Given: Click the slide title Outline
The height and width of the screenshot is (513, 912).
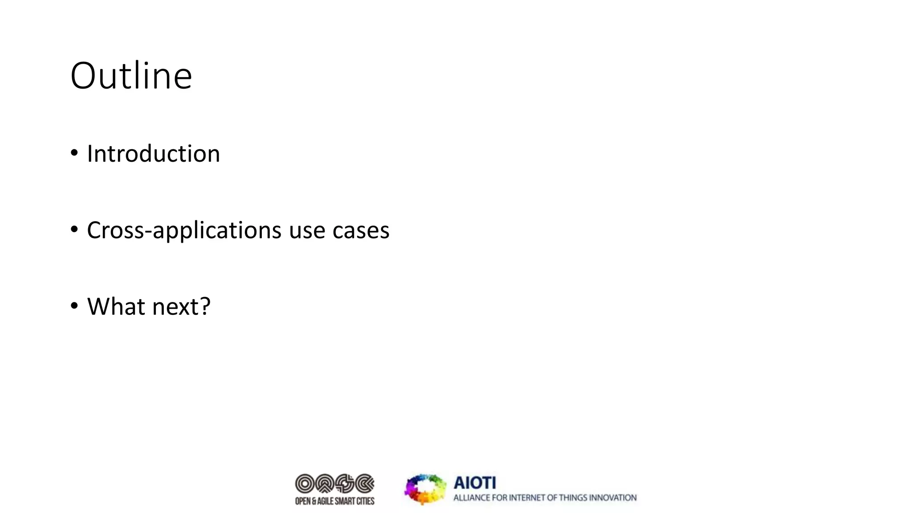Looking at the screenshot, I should (x=131, y=76).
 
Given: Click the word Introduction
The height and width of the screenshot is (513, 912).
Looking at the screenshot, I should (x=153, y=154).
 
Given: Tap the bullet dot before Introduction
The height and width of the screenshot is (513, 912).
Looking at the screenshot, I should (x=74, y=153).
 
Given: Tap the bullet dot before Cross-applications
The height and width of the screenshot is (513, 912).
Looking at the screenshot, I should (x=74, y=230).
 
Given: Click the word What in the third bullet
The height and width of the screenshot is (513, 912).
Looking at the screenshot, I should (x=115, y=307).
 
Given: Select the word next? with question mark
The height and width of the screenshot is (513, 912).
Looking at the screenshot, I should (x=181, y=307).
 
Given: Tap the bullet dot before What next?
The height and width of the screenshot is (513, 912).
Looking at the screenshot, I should (x=74, y=306).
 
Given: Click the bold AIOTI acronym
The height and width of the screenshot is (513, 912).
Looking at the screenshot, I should (x=475, y=483).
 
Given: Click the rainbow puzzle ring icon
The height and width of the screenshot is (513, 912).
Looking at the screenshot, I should (x=425, y=489).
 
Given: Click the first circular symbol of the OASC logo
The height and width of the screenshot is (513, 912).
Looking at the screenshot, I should (x=305, y=483).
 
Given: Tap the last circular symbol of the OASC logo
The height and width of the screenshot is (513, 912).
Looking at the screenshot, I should (x=365, y=483).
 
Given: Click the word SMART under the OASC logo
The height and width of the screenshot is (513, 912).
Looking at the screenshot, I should (x=345, y=501).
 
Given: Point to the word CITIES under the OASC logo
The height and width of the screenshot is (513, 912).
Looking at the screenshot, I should (x=365, y=501).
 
